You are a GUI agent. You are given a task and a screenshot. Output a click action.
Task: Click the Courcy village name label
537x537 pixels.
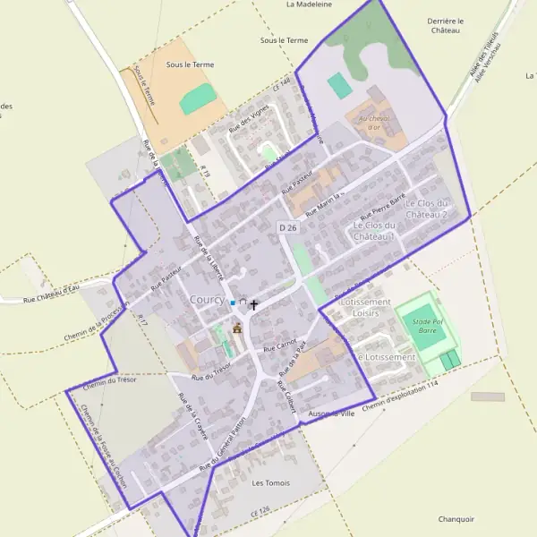click(x=207, y=302)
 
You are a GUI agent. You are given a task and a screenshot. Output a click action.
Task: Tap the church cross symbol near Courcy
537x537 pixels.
click(x=253, y=305)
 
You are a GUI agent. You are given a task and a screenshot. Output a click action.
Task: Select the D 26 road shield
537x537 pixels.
click(x=286, y=228)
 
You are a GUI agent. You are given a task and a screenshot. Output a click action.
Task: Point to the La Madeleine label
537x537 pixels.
click(x=309, y=4)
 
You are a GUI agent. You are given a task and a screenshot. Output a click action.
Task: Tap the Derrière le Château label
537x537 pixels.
click(x=445, y=25)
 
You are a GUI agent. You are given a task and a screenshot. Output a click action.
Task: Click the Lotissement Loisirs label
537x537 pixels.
click(x=365, y=308)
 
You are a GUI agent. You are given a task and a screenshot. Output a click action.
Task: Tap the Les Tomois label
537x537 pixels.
click(x=271, y=483)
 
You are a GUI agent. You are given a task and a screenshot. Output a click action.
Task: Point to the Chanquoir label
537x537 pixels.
click(x=456, y=519)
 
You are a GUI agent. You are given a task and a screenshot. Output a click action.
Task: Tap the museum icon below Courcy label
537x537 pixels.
click(x=236, y=329)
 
